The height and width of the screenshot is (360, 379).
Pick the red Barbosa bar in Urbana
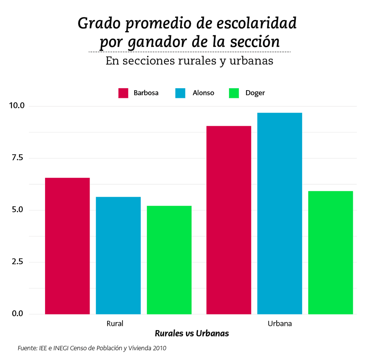[229, 220]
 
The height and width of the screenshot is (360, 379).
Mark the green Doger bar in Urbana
[330, 252]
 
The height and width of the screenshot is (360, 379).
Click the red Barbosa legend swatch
[124, 93]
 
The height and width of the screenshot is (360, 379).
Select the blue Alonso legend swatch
[180, 93]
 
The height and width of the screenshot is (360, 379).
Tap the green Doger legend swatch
[234, 93]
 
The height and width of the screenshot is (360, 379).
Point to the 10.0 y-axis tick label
[17, 106]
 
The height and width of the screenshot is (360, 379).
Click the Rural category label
[115, 324]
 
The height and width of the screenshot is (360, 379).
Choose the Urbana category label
[280, 324]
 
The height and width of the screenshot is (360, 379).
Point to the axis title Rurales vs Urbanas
[192, 334]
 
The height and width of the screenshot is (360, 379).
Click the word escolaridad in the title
[256, 23]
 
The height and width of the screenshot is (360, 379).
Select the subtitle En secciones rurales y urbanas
[189, 61]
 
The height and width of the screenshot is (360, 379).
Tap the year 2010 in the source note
[159, 348]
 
